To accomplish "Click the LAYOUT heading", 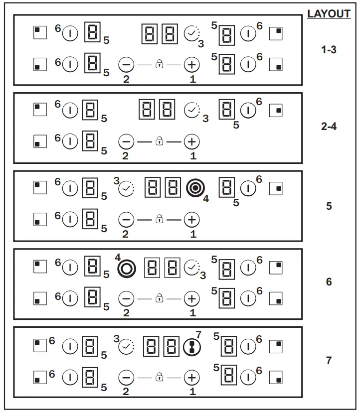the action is pyautogui.click(x=329, y=14).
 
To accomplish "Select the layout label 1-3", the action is pyautogui.click(x=329, y=50).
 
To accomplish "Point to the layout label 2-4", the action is pyautogui.click(x=329, y=127).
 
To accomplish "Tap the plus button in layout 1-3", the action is pyautogui.click(x=191, y=65).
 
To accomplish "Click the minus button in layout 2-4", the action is pyautogui.click(x=126, y=142).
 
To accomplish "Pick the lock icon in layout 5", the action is pyautogui.click(x=159, y=219).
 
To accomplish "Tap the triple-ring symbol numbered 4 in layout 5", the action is pyautogui.click(x=195, y=188).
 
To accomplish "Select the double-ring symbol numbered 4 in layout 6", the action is pyautogui.click(x=127, y=269).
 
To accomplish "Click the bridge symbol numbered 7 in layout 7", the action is pyautogui.click(x=192, y=347).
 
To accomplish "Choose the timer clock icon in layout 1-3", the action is pyautogui.click(x=192, y=33).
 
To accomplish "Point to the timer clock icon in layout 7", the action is pyautogui.click(x=126, y=346).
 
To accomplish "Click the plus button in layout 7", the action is pyautogui.click(x=191, y=378).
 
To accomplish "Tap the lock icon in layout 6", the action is pyautogui.click(x=159, y=298).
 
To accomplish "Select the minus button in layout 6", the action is pyautogui.click(x=126, y=298).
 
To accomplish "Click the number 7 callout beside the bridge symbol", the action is pyautogui.click(x=198, y=335).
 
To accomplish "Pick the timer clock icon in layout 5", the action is pyautogui.click(x=126, y=188).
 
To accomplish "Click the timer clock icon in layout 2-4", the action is pyautogui.click(x=192, y=110).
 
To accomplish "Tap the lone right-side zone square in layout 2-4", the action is pyautogui.click(x=276, y=111).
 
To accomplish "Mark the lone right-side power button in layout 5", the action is pyautogui.click(x=248, y=188).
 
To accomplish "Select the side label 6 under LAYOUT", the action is pyautogui.click(x=329, y=281).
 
